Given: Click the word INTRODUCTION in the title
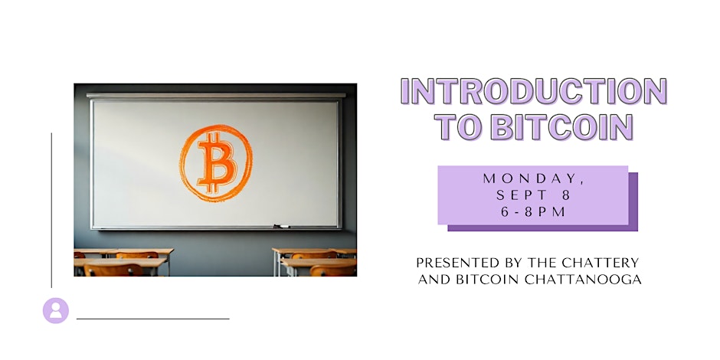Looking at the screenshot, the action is point(534,91).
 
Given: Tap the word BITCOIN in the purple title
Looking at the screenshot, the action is point(561,126).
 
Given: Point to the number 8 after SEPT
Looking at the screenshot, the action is point(565,195).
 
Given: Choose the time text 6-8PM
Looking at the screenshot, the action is point(533,212).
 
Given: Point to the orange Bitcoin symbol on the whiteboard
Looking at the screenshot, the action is point(216,163).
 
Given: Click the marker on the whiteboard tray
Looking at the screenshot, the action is point(281,226).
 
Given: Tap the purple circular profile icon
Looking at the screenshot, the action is point(56,310).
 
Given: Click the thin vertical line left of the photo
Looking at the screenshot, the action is point(51,211).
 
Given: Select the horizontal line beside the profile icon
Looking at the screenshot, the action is point(153,319).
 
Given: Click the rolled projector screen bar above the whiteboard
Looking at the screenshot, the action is point(216,96).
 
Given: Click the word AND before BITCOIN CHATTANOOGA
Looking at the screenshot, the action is point(435,279).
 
